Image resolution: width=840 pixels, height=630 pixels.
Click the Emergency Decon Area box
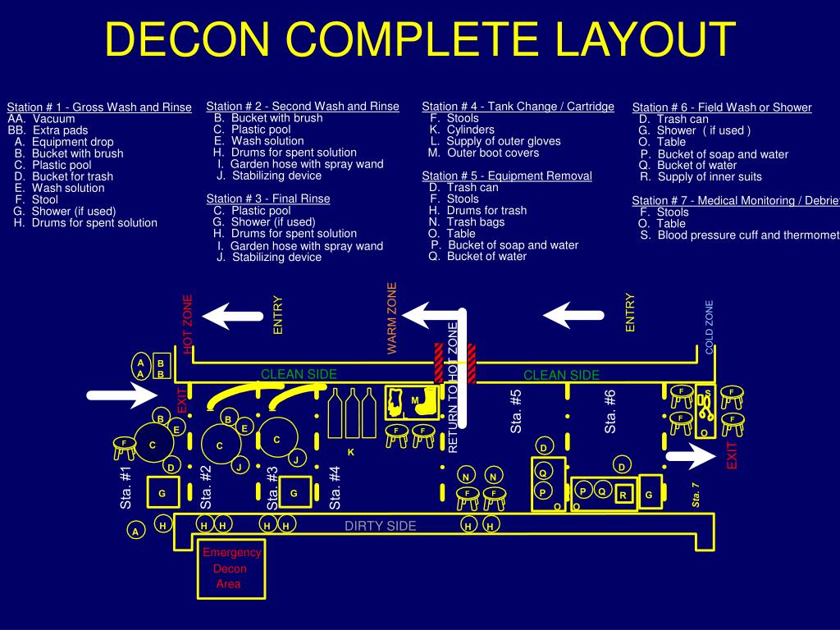pyautogui.click(x=231, y=568)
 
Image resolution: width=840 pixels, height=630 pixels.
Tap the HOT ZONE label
pyautogui.click(x=188, y=323)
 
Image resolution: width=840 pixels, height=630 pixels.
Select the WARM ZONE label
pyautogui.click(x=392, y=318)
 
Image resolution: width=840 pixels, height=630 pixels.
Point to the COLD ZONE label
pyautogui.click(x=710, y=327)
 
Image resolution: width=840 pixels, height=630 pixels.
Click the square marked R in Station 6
pyautogui.click(x=623, y=495)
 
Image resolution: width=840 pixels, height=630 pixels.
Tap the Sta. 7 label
pyautogui.click(x=696, y=495)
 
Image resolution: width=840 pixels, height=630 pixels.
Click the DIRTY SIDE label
pyautogui.click(x=380, y=526)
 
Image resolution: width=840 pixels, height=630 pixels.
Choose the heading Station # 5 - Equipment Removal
pyautogui.click(x=506, y=176)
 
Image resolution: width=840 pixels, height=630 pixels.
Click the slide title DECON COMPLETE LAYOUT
pyautogui.click(x=421, y=39)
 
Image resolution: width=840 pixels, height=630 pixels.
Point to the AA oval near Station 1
pyautogui.click(x=140, y=367)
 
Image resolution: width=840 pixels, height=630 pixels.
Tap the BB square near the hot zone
pyautogui.click(x=161, y=368)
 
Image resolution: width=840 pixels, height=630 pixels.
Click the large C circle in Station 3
pyautogui.click(x=277, y=440)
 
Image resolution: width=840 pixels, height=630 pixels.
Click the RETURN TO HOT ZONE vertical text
pyautogui.click(x=452, y=386)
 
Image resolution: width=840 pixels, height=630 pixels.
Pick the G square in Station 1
pyautogui.click(x=162, y=493)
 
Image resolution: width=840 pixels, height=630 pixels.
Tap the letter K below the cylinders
pyautogui.click(x=350, y=452)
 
